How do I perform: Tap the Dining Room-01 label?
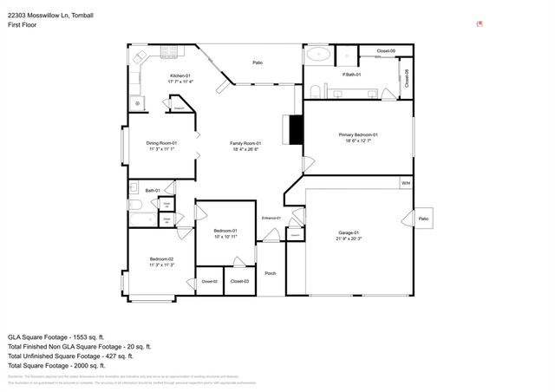point(161,143)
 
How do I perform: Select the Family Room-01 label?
point(245,143)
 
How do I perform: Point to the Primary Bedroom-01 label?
point(358,134)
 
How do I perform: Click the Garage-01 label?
point(348,232)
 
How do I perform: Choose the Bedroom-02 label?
point(161,259)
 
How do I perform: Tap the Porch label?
point(271,272)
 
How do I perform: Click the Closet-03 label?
point(239,282)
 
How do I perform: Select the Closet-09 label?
point(386,52)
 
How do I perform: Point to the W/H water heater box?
point(405,183)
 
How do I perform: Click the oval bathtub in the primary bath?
point(317,55)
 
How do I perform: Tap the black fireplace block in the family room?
point(296,129)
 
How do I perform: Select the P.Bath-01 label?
point(351,75)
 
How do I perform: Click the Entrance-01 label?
point(271,218)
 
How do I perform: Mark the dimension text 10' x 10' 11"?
point(225,236)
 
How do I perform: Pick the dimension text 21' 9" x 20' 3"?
point(348,238)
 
